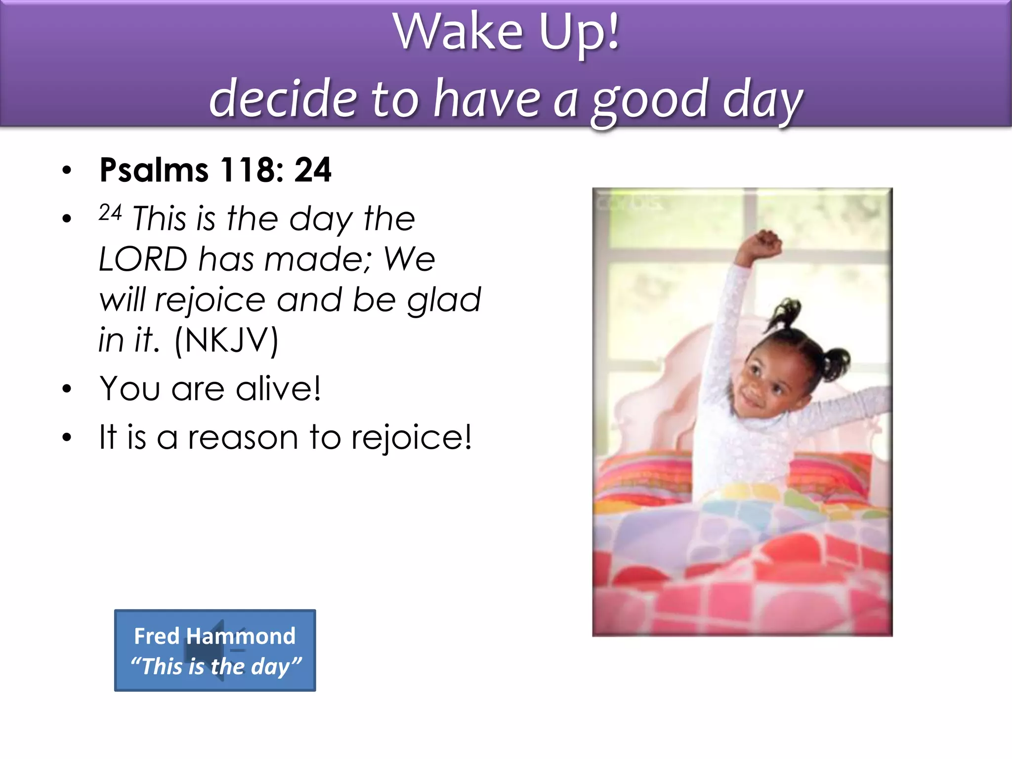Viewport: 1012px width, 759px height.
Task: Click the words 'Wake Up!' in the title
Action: pos(506,32)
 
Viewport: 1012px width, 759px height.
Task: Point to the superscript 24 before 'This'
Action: pos(110,212)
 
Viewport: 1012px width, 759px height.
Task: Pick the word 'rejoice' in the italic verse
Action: pos(210,300)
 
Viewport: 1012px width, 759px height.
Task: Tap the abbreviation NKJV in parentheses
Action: pos(227,340)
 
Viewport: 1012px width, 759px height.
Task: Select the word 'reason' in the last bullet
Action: pos(243,437)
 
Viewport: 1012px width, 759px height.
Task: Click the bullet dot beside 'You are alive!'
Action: pos(67,389)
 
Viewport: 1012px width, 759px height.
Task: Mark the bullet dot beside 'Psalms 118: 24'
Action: pos(67,170)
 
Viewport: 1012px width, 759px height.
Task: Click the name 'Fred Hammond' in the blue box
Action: pos(215,636)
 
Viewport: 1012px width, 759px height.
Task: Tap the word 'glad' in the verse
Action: pos(443,300)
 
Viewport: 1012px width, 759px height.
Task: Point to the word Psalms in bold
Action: pos(154,170)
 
